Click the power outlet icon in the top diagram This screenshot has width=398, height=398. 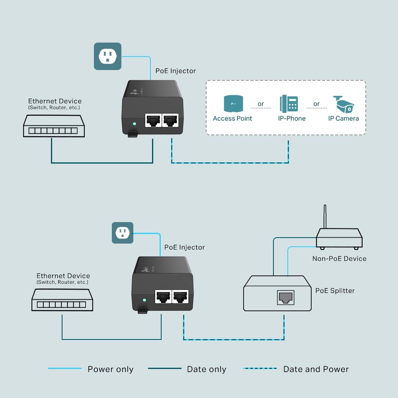click(107, 57)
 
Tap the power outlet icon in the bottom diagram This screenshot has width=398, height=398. click(122, 233)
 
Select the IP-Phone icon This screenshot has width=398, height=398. click(289, 103)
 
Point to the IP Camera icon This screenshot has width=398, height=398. click(343, 104)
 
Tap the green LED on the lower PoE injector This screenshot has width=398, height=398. click(144, 300)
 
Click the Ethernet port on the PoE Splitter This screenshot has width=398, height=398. click(285, 297)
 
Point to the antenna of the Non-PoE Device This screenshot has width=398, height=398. click(325, 217)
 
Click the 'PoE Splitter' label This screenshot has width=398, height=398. click(335, 291)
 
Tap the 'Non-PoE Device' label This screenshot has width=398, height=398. click(339, 259)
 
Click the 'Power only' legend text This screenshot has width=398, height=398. click(110, 369)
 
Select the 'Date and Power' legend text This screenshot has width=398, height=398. click(316, 369)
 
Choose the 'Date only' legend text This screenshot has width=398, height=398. click(206, 369)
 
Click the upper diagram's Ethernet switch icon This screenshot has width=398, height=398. click(54, 126)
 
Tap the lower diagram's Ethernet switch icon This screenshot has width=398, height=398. click(62, 300)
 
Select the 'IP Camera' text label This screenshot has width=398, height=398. click(343, 118)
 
